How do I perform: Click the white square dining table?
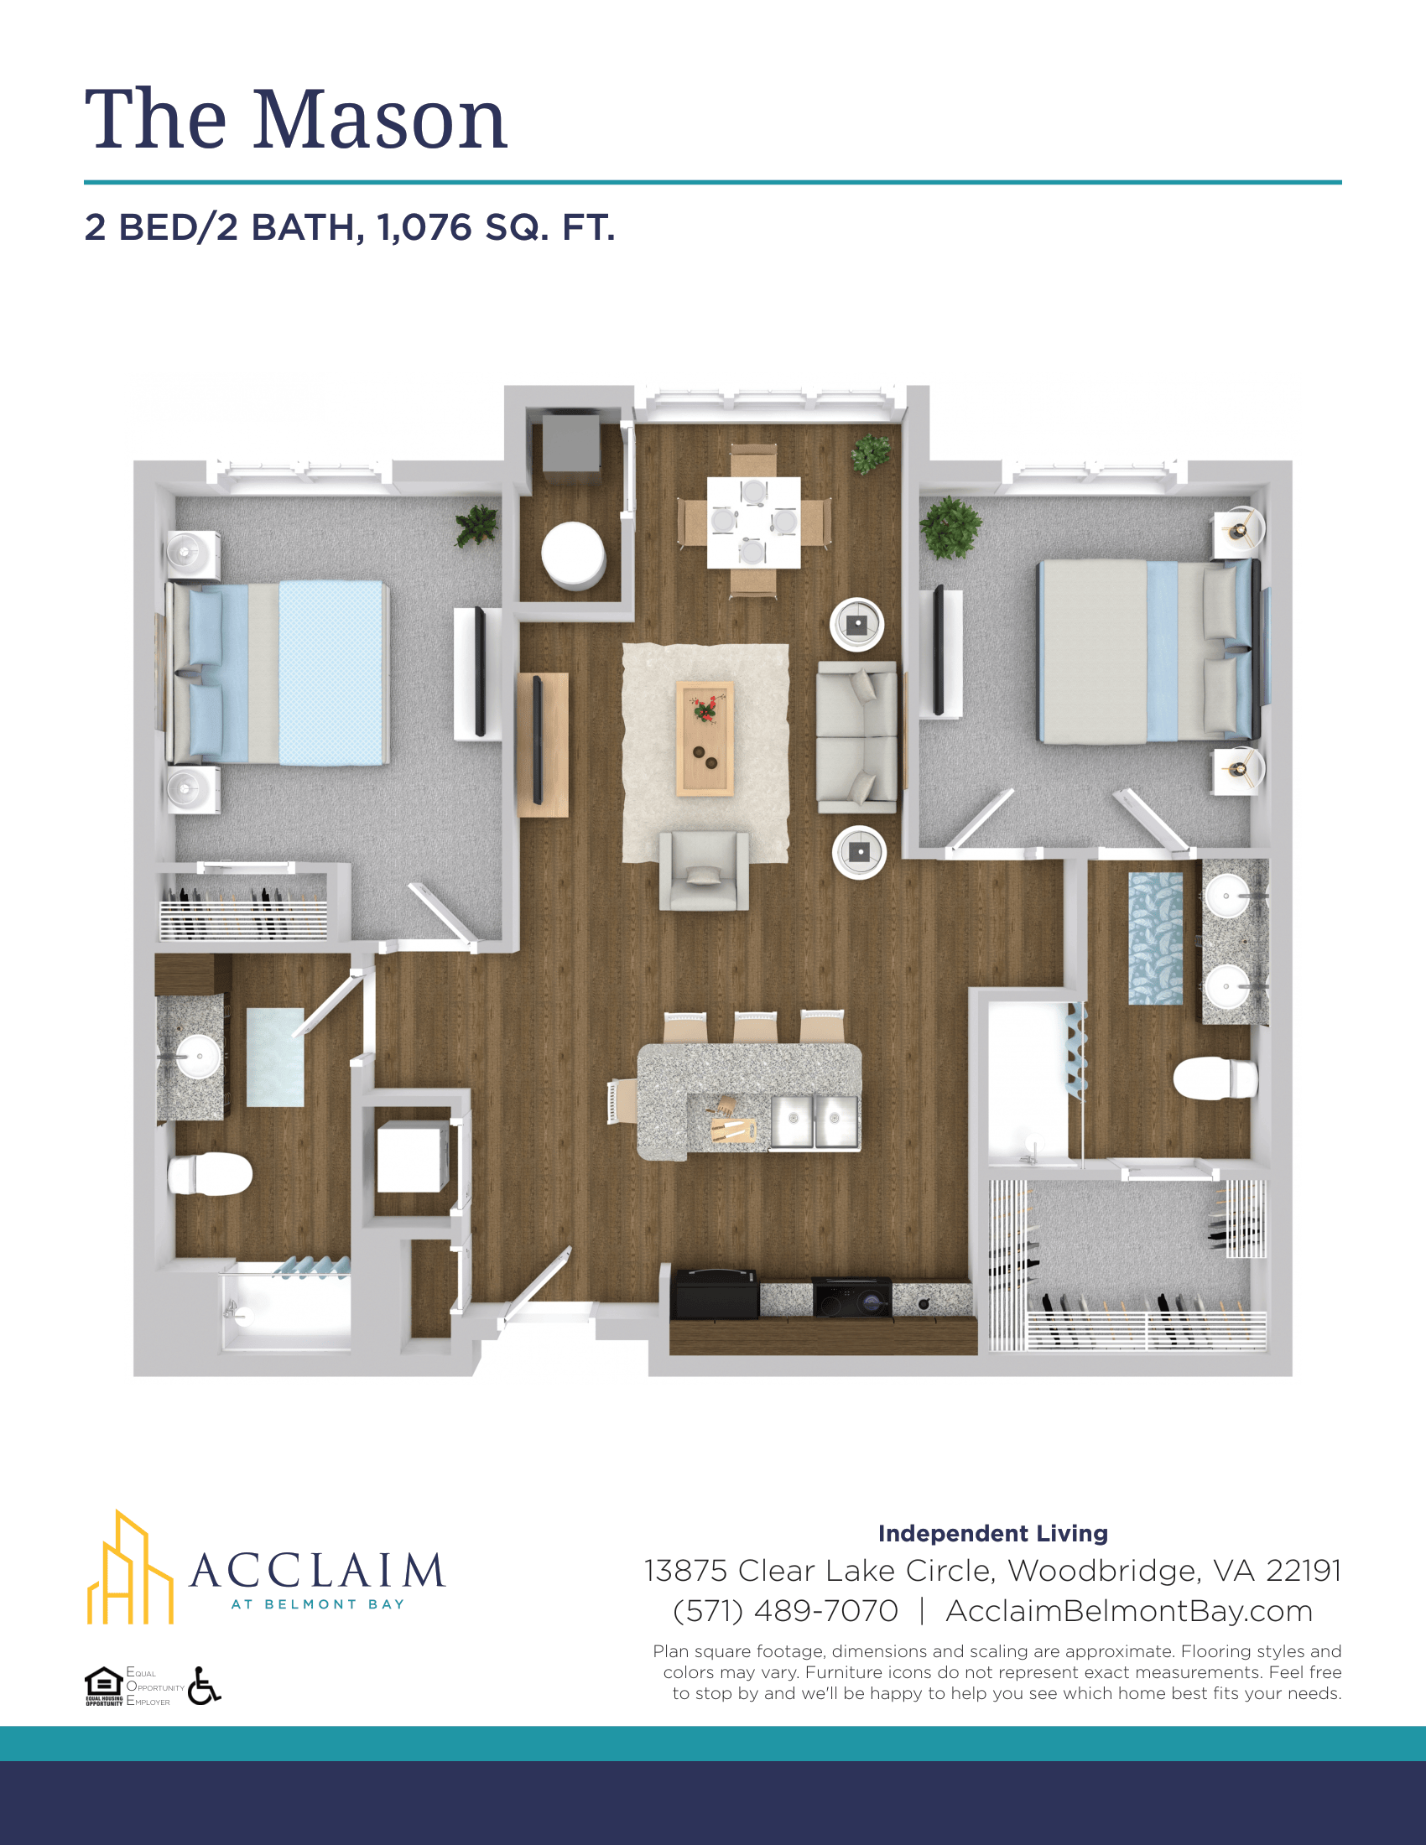753,522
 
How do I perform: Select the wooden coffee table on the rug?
705,738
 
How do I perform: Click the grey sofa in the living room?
856,736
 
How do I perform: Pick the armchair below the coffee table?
704,871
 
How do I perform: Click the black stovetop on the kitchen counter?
851,1297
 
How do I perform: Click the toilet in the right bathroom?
1215,1078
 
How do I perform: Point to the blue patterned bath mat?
1156,938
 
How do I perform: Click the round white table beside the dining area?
574,554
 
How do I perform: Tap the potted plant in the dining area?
870,454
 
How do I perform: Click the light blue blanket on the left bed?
333,673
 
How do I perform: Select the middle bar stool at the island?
754,1027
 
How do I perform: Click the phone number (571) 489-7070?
785,1611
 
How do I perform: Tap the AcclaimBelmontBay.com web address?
1128,1611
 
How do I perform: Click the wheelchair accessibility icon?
204,1686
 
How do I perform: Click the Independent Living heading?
992,1533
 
